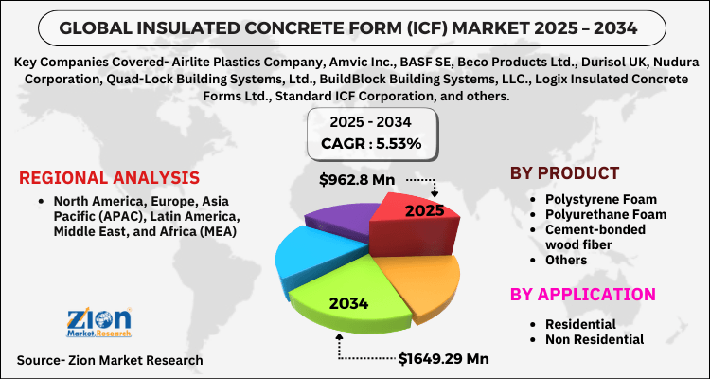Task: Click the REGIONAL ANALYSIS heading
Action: click(109, 178)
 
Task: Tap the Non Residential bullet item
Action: click(596, 338)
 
